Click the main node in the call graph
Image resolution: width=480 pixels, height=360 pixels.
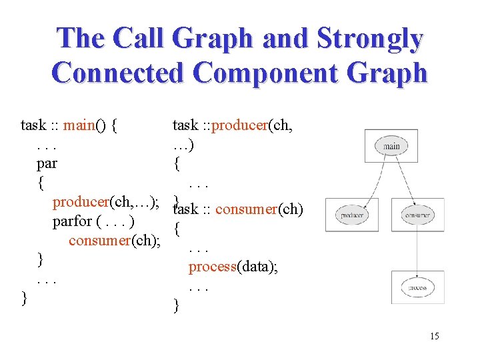[391, 146]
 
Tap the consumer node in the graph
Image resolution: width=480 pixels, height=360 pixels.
[418, 215]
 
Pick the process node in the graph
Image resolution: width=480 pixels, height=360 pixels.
[417, 287]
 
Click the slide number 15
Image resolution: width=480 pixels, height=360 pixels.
[434, 335]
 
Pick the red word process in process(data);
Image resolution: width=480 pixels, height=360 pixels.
[213, 267]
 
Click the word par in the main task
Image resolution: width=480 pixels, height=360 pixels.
[47, 163]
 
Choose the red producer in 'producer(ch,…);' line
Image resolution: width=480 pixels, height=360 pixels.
[80, 201]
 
